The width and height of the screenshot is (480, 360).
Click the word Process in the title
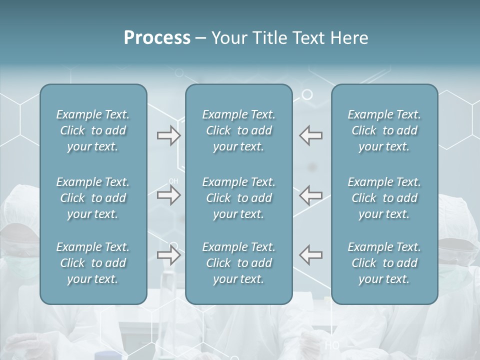(157, 38)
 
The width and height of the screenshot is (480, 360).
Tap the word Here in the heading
(349, 38)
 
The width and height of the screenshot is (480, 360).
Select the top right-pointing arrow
(169, 135)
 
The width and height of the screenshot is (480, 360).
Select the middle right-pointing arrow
(169, 195)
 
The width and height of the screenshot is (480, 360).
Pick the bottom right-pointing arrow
(169, 255)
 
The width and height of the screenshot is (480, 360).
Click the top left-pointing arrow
(310, 135)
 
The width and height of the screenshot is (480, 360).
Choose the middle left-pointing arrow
(310, 195)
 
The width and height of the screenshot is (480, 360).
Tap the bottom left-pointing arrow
(310, 255)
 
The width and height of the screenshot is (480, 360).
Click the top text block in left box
(93, 130)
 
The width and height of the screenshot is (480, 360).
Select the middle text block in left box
(93, 198)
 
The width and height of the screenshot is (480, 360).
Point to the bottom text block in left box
(93, 263)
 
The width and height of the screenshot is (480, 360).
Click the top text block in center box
(238, 130)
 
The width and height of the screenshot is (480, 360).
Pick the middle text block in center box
(238, 198)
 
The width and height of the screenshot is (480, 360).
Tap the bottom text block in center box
(238, 263)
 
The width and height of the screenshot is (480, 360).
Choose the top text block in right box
(384, 130)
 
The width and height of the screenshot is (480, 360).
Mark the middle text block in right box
(384, 198)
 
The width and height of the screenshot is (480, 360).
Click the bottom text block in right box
(384, 263)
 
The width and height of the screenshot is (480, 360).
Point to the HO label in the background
(332, 345)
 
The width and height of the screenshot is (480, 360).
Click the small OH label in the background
(173, 181)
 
